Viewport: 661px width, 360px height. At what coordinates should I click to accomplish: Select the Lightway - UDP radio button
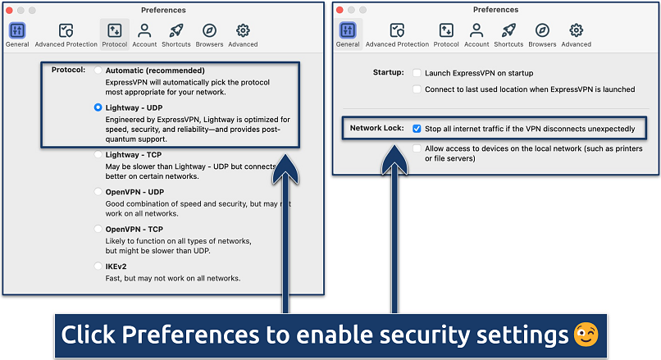(98, 107)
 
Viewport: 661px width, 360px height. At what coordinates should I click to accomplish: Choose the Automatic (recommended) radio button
(98, 71)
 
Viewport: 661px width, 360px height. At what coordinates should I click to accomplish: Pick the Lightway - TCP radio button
(98, 154)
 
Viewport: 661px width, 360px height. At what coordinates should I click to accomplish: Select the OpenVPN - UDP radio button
(98, 191)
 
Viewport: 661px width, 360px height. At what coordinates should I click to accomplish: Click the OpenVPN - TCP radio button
(98, 229)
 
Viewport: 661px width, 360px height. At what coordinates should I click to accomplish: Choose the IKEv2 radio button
(98, 266)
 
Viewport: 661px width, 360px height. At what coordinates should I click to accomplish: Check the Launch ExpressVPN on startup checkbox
(417, 73)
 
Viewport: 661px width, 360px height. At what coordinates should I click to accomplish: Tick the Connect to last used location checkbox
(417, 89)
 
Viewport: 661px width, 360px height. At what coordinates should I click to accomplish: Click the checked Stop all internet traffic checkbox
(417, 129)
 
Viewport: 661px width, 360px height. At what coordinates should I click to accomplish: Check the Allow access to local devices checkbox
(417, 148)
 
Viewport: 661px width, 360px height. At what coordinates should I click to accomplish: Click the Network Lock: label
(376, 129)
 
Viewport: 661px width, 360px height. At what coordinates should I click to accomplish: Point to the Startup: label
(385, 73)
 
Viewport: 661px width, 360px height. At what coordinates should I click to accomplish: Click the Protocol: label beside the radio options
(68, 70)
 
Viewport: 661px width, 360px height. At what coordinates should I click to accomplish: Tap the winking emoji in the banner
(586, 335)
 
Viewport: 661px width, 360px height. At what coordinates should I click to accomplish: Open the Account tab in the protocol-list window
(144, 34)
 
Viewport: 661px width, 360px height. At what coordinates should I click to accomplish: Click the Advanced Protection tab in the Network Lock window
(397, 34)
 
